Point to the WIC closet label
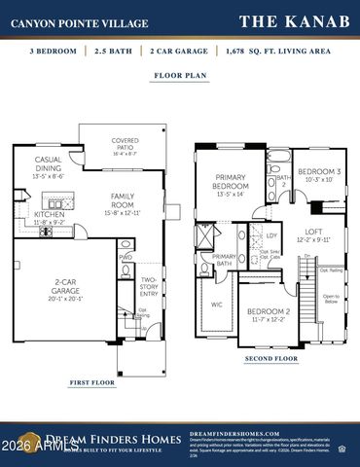pos(216,304)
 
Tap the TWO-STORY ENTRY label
pos(148,274)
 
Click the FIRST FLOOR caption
pos(94,383)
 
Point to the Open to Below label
pos(331,297)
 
